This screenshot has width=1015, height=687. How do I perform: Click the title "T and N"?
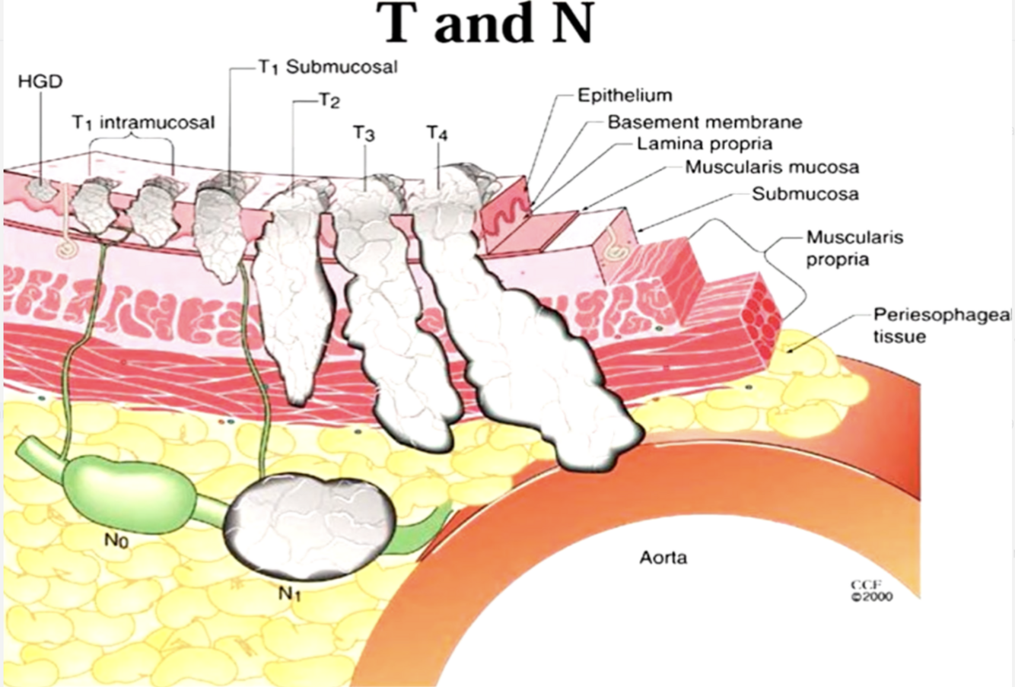(488, 24)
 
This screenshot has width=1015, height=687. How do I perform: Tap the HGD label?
(40, 81)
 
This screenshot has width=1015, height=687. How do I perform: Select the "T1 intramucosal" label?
(144, 122)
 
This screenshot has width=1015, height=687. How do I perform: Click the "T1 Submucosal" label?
(326, 67)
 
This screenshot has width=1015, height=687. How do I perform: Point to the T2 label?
(329, 101)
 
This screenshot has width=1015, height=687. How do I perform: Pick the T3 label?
(364, 133)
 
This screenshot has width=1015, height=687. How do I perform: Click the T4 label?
(437, 133)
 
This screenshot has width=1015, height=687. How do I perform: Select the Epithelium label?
(625, 95)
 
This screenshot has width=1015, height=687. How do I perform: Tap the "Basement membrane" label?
(704, 121)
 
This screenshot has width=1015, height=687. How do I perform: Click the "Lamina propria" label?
(704, 143)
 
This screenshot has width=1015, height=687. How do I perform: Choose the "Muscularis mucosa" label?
(772, 167)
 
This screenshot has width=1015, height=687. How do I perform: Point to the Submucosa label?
(805, 193)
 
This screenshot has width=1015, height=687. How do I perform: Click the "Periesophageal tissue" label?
(940, 325)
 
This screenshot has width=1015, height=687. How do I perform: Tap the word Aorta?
(663, 558)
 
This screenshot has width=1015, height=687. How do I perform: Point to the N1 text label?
(290, 594)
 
